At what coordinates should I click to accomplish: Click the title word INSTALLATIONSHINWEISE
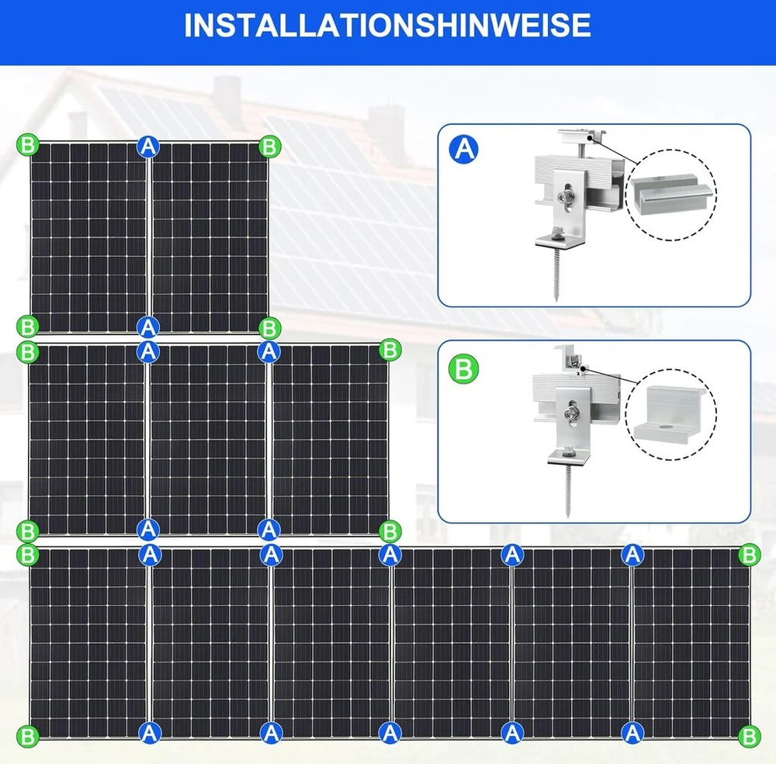[x=387, y=25]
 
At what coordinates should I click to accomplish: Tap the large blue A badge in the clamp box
[x=464, y=149]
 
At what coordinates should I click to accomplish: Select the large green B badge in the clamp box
[x=464, y=368]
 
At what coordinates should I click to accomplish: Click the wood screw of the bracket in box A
[x=557, y=275]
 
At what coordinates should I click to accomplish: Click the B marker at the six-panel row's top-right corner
[x=749, y=555]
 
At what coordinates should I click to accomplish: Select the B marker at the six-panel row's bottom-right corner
[x=749, y=736]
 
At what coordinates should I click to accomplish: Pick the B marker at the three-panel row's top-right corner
[x=390, y=349]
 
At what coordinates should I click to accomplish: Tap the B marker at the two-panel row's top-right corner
[x=270, y=147]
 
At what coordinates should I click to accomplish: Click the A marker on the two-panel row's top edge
[x=148, y=146]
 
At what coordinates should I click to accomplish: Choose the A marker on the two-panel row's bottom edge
[x=148, y=327]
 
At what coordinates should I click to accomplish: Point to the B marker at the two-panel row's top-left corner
[x=28, y=145]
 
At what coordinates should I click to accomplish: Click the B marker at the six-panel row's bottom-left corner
[x=28, y=736]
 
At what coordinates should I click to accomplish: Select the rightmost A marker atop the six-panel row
[x=632, y=555]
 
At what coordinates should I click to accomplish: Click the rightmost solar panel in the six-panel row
[x=691, y=643]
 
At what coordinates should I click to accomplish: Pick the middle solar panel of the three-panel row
[x=208, y=440]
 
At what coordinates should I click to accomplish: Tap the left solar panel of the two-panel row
[x=89, y=237]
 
